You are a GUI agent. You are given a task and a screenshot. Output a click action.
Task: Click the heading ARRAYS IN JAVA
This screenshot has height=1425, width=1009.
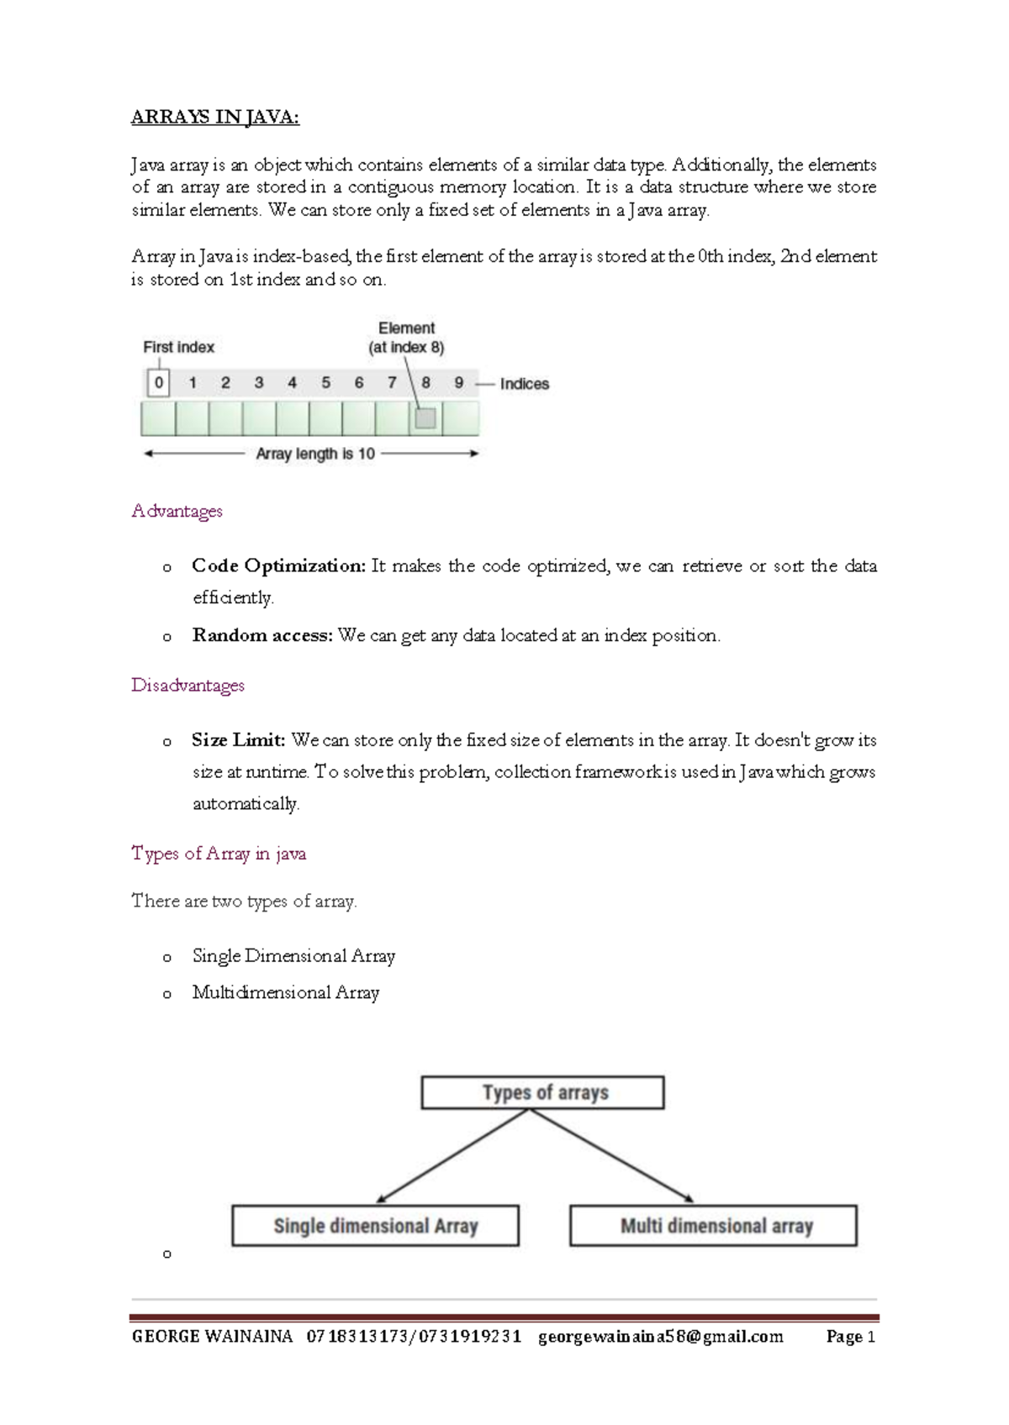pos(214,117)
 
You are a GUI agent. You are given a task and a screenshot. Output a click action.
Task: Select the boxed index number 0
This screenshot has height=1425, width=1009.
pos(158,383)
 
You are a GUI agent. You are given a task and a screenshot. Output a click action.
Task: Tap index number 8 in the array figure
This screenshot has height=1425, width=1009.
pos(425,383)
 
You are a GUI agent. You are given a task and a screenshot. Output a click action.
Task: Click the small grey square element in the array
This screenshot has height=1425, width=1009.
pos(425,418)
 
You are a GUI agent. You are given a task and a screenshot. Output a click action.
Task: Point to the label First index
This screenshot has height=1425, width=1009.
pos(178,347)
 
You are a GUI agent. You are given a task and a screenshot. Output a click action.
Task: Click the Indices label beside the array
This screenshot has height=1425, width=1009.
pos(524,384)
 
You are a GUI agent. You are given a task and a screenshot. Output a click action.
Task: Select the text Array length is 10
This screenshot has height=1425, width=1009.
pos(315,454)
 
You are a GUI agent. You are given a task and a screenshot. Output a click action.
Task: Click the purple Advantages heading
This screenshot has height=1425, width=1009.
pos(177,511)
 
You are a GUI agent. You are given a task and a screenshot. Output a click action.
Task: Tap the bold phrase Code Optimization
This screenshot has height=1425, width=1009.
pos(278,565)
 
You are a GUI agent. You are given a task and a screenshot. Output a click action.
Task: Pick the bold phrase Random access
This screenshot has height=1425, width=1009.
pos(262,635)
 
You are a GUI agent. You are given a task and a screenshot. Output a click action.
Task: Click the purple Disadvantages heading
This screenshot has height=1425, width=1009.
pos(188,685)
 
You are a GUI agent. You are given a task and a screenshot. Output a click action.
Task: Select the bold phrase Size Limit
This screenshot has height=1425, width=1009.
pos(238,740)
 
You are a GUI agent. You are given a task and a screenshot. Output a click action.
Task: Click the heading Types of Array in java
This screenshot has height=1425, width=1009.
pos(219,854)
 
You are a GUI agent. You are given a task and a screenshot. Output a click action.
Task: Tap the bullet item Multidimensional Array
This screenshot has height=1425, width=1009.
pos(285,992)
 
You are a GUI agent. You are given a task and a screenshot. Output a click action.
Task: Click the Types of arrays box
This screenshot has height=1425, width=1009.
pos(543,1092)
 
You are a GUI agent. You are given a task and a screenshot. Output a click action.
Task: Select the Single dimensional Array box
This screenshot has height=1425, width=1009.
pos(375,1226)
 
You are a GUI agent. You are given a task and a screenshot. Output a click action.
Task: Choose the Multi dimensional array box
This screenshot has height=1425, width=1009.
pos(714,1226)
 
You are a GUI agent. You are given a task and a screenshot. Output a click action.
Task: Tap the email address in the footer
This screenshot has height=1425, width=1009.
pos(660,1336)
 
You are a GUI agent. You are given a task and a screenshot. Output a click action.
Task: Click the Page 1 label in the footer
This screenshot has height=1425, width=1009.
pos(851,1336)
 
